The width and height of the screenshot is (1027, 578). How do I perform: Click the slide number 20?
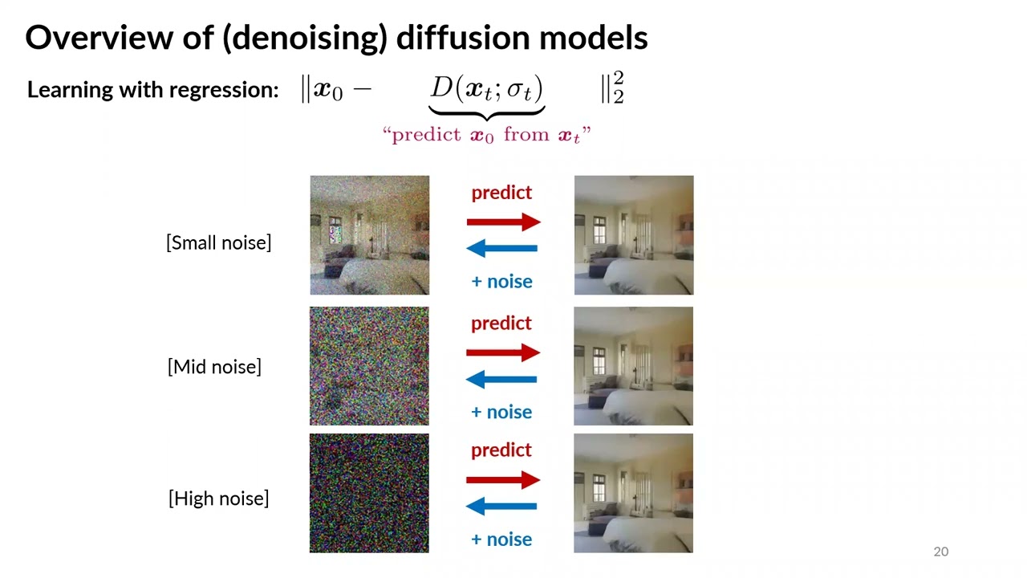click(x=940, y=552)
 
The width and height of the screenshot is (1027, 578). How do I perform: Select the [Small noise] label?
click(x=218, y=242)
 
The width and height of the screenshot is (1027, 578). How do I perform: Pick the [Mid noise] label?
click(x=214, y=367)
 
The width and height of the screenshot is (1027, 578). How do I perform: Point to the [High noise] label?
click(x=218, y=499)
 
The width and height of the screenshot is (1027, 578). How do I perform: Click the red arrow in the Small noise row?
click(x=503, y=222)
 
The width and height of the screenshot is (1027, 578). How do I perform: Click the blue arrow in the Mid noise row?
click(x=502, y=379)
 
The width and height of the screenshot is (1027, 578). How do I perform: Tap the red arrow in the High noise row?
click(x=503, y=480)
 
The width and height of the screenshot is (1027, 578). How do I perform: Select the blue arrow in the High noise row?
click(x=502, y=507)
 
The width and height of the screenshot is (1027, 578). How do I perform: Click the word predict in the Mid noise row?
click(x=501, y=323)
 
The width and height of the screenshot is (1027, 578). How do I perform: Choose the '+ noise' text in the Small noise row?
click(x=501, y=281)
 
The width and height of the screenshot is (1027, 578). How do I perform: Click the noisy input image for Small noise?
click(x=370, y=235)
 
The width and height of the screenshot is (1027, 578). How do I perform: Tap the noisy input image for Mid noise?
click(x=370, y=366)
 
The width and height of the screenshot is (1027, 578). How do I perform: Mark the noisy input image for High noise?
click(x=370, y=493)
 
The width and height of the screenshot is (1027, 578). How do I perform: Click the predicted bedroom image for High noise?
click(x=634, y=493)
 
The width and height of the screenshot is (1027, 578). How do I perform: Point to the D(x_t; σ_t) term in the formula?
click(x=486, y=89)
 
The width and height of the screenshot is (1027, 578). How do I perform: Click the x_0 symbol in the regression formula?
click(x=327, y=90)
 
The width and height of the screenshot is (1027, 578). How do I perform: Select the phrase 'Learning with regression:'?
click(x=152, y=90)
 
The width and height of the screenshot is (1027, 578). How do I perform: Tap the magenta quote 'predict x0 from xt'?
click(x=486, y=135)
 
